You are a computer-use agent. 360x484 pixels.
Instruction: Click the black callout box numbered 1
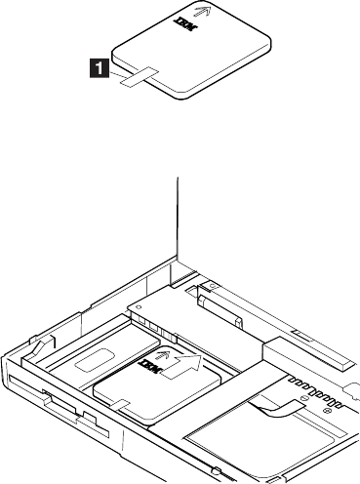click(x=100, y=67)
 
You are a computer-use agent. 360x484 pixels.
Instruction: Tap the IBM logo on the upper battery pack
click(x=183, y=26)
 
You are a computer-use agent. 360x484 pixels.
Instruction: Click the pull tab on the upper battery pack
click(x=139, y=77)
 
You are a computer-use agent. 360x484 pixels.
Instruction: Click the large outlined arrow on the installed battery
click(x=183, y=366)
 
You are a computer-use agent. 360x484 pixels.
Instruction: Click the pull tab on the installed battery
click(x=119, y=405)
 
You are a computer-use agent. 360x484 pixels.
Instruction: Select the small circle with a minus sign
click(x=304, y=397)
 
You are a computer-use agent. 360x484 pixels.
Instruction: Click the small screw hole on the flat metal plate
click(x=139, y=306)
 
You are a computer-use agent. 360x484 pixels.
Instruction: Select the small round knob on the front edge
click(x=216, y=470)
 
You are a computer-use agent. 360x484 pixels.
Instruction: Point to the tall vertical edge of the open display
click(x=178, y=218)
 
